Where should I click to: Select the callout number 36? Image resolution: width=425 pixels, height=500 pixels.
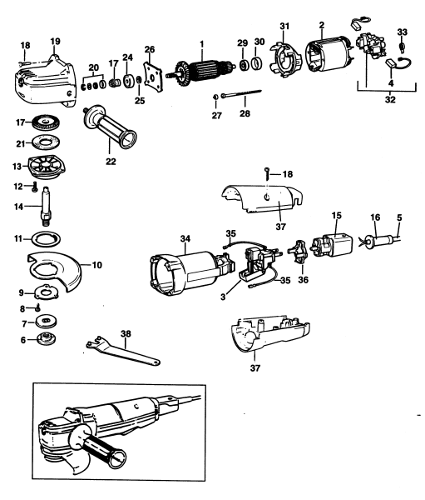point(302,282)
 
